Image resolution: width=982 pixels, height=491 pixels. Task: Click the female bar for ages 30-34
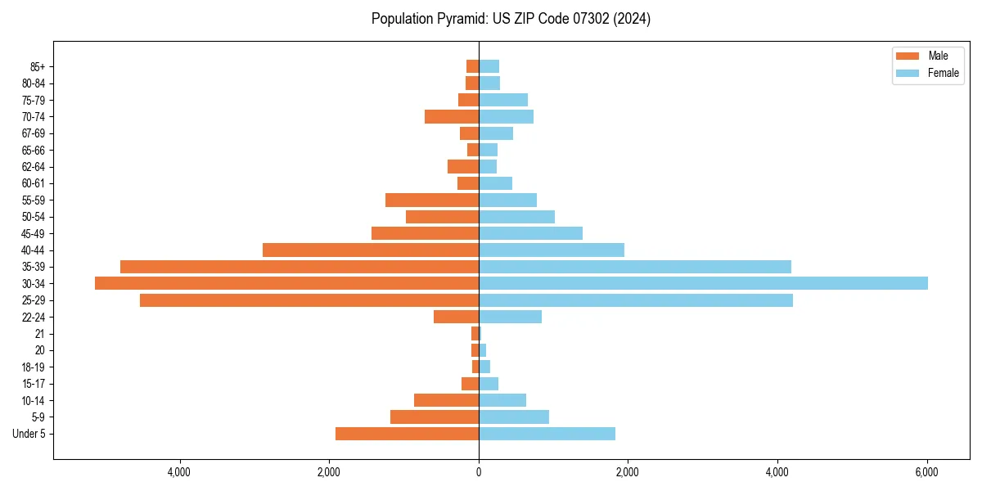pos(703,283)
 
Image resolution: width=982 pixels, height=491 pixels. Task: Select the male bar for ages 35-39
pos(300,267)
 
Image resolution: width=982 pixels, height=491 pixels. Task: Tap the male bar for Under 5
pos(407,434)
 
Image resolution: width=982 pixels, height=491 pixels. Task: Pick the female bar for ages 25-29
pos(636,300)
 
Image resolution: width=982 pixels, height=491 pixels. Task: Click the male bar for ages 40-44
pos(371,250)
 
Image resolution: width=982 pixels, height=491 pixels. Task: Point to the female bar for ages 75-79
pos(503,100)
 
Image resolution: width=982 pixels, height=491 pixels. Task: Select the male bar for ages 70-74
pos(452,116)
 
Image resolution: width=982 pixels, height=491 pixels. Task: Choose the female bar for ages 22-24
pos(510,317)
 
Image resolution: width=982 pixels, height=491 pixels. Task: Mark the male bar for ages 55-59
pos(432,200)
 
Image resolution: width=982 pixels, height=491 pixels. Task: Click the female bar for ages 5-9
pos(514,417)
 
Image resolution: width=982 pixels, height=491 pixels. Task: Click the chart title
pos(511,19)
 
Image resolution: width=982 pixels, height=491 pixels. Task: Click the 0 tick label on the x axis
pos(479,472)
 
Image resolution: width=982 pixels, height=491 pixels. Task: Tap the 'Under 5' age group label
pos(29,434)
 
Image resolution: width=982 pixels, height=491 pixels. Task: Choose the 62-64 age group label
pos(33,166)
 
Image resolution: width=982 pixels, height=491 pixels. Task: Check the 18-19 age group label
pos(33,367)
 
